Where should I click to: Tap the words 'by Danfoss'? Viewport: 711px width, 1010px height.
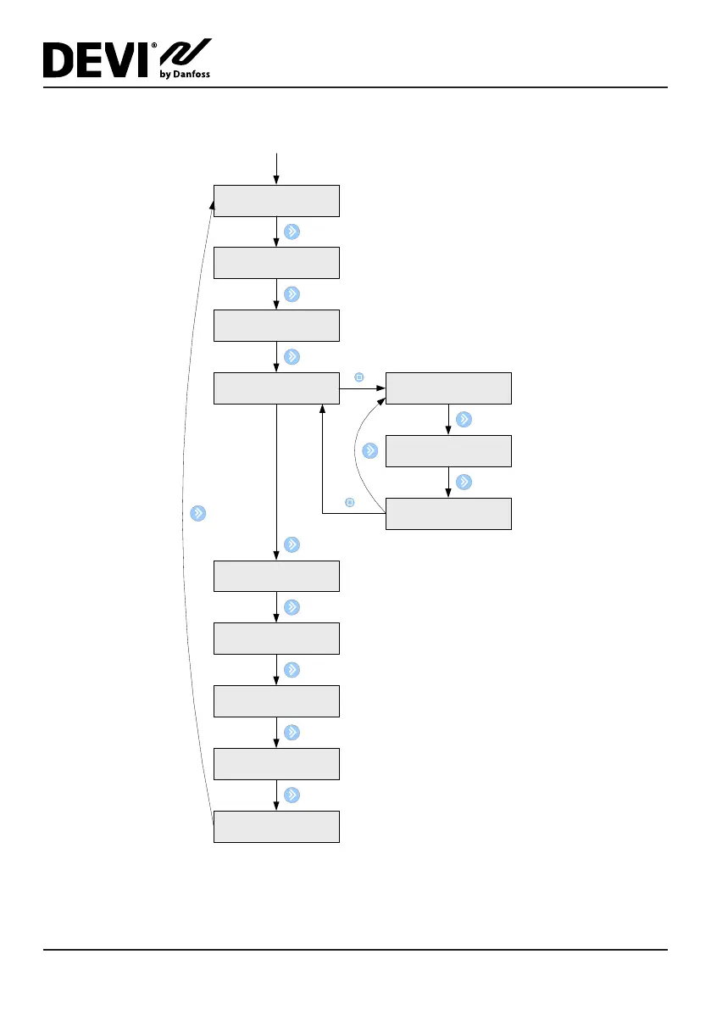pyautogui.click(x=185, y=75)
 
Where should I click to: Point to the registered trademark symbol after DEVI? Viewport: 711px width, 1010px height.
pyautogui.click(x=154, y=46)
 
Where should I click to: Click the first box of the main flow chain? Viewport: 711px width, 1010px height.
pyautogui.click(x=276, y=201)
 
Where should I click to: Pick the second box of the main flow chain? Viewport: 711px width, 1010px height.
pyautogui.click(x=276, y=263)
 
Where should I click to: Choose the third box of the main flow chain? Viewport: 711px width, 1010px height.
pyautogui.click(x=276, y=326)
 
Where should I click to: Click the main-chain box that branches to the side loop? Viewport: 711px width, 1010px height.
pyautogui.click(x=276, y=388)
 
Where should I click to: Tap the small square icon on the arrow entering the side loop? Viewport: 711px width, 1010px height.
pyautogui.click(x=358, y=376)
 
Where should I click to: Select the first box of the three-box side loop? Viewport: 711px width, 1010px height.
pyautogui.click(x=448, y=388)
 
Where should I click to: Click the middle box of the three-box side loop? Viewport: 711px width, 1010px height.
pyautogui.click(x=448, y=451)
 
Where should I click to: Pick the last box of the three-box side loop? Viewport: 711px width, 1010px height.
pyautogui.click(x=448, y=514)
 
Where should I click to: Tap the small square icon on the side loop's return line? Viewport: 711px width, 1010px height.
pyautogui.click(x=349, y=503)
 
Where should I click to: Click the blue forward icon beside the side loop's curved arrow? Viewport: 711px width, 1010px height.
pyautogui.click(x=369, y=450)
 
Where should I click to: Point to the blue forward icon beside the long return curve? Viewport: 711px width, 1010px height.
pyautogui.click(x=197, y=513)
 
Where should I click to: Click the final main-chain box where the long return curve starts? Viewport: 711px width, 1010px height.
pyautogui.click(x=276, y=827)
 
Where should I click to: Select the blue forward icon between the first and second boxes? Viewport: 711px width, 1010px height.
pyautogui.click(x=292, y=232)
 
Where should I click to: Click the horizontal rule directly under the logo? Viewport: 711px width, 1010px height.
pyautogui.click(x=356, y=87)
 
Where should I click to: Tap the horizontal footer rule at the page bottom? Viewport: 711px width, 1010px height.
pyautogui.click(x=356, y=950)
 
